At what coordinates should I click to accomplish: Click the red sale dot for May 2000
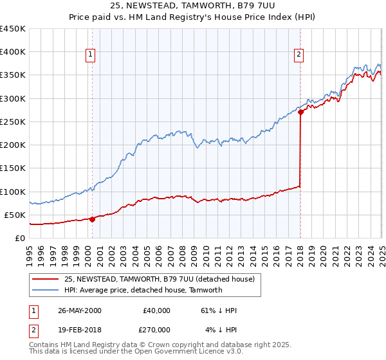pyautogui.click(x=92, y=219)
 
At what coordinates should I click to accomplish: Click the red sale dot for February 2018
pyautogui.click(x=300, y=113)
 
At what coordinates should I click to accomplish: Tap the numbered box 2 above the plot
pyautogui.click(x=299, y=55)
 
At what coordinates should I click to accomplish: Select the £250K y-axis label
pyautogui.click(x=13, y=122)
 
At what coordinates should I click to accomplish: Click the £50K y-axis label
pyautogui.click(x=15, y=215)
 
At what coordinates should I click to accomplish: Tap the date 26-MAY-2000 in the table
pyautogui.click(x=79, y=310)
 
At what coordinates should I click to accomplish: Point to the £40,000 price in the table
pyautogui.click(x=157, y=310)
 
